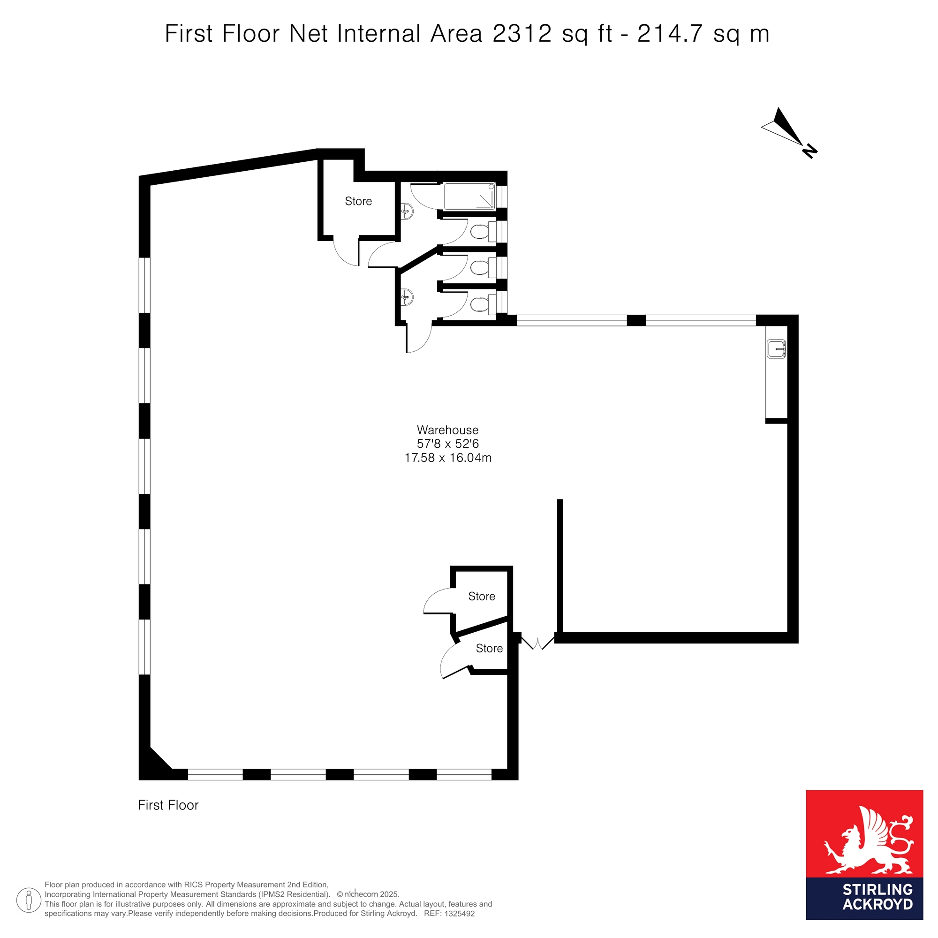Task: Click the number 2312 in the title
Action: [x=522, y=34]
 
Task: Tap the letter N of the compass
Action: [x=810, y=151]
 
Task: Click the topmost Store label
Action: [x=358, y=201]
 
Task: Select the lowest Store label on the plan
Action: [x=489, y=648]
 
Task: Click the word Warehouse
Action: [x=447, y=430]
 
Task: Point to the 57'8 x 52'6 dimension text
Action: [x=447, y=443]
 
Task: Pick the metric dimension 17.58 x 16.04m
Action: [x=447, y=457]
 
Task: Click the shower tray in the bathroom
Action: [x=469, y=197]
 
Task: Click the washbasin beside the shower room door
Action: [x=407, y=211]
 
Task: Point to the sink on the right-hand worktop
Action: [x=776, y=349]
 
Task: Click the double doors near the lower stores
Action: [x=537, y=643]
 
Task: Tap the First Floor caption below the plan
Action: [x=168, y=805]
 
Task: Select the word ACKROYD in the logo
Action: [x=878, y=904]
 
